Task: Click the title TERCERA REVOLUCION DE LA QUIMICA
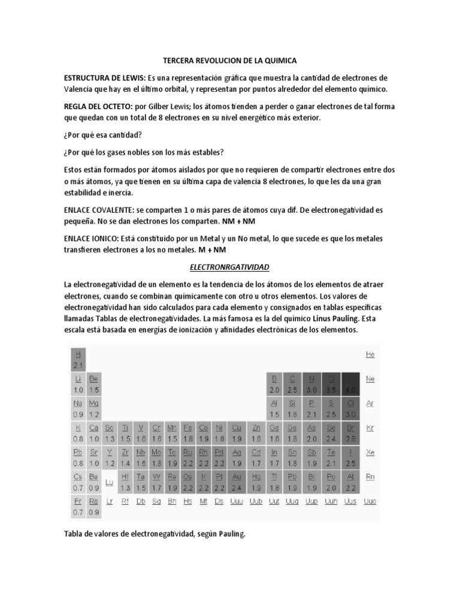pos(230,61)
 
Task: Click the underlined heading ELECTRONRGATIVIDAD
pos(230,267)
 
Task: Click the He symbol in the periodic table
pos(370,355)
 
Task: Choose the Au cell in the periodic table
pos(237,482)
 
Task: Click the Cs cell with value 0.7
pos(78,482)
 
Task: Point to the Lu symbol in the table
pos(109,481)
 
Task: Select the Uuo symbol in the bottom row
pos(370,501)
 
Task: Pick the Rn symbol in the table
pos(370,477)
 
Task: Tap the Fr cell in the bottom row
pos(78,507)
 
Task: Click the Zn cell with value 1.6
pos(256,434)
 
